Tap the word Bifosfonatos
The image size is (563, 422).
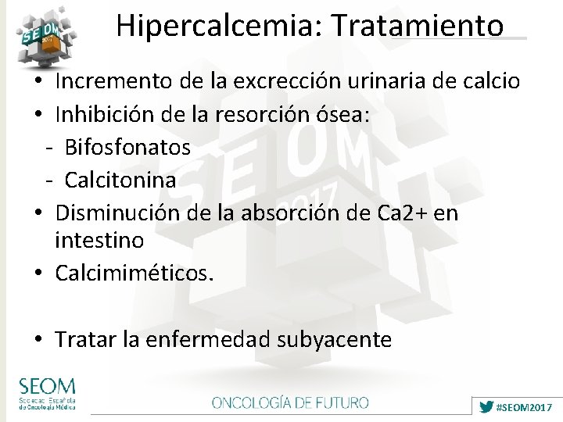[127, 147]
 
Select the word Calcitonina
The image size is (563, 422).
[120, 180]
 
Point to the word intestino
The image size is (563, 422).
[99, 240]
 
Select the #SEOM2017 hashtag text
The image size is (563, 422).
[525, 407]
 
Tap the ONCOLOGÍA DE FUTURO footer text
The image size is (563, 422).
[290, 403]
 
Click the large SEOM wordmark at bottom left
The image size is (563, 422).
[47, 385]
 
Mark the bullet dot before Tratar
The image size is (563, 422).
[38, 341]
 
